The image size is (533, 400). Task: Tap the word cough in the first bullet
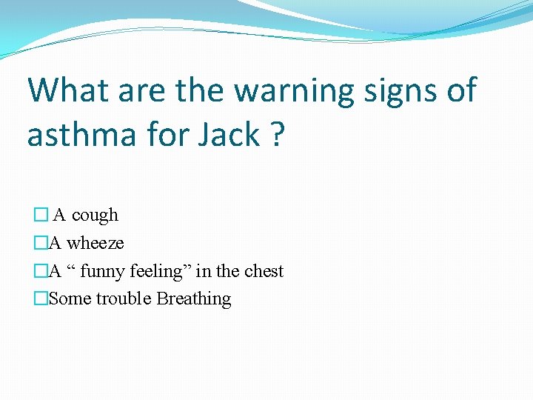[95, 216]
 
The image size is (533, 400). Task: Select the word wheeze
[95, 243]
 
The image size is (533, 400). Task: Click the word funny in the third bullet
[103, 271]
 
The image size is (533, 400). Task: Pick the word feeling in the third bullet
[160, 271]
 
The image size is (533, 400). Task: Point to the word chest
[264, 271]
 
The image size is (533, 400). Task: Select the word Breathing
[193, 299]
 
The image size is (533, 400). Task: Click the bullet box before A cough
[41, 216]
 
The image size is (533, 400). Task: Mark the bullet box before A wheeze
[41, 243]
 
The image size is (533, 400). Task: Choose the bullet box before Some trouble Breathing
[41, 299]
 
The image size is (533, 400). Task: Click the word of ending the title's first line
[460, 90]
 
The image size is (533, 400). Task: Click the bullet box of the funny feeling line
[41, 271]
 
